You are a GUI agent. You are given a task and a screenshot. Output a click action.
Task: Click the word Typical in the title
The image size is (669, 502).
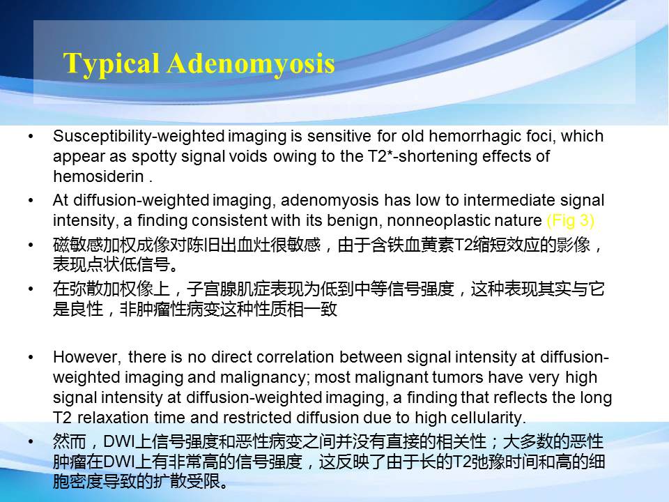(111, 64)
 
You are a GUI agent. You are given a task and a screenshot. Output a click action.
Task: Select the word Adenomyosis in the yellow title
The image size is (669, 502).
(251, 64)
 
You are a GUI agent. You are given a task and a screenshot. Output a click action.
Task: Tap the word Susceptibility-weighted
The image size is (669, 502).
(139, 137)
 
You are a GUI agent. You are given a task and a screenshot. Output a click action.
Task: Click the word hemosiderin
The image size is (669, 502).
(98, 176)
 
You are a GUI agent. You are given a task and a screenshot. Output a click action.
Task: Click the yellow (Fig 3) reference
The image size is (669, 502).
(571, 220)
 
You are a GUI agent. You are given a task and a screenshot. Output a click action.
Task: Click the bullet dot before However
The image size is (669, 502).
(31, 357)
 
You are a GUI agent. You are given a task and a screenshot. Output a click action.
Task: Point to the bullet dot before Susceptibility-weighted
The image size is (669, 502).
(31, 137)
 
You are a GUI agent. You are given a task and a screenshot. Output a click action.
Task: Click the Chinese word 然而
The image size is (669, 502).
(70, 441)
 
